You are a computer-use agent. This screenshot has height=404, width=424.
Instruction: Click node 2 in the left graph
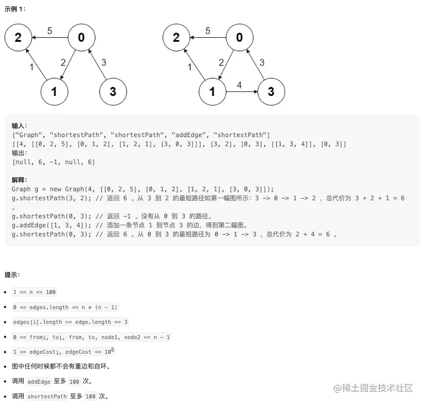(18, 38)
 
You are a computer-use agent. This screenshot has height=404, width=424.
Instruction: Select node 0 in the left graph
(81, 38)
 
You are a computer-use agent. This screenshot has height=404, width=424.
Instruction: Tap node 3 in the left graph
(113, 91)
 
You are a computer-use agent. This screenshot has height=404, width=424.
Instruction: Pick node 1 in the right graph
(213, 91)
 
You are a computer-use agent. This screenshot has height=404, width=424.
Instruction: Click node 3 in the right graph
(271, 91)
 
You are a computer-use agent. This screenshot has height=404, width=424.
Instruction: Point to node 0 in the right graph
(239, 38)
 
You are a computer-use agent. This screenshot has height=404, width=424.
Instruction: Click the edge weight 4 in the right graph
(239, 85)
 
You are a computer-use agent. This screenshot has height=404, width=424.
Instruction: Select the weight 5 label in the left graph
(50, 31)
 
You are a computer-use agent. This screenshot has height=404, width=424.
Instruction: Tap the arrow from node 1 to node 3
(242, 91)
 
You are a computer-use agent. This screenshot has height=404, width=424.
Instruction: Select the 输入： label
(19, 126)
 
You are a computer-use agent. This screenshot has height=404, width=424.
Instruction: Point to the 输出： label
(19, 153)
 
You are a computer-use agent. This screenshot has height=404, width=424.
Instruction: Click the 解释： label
(19, 180)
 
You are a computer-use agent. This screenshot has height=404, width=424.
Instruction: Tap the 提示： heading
(12, 275)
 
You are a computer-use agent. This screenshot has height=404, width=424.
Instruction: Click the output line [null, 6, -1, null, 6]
(54, 162)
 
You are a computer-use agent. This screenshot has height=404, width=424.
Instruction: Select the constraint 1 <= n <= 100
(34, 292)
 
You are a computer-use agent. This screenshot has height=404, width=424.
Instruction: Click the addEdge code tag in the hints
(39, 381)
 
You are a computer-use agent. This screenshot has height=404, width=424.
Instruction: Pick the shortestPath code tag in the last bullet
(47, 396)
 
